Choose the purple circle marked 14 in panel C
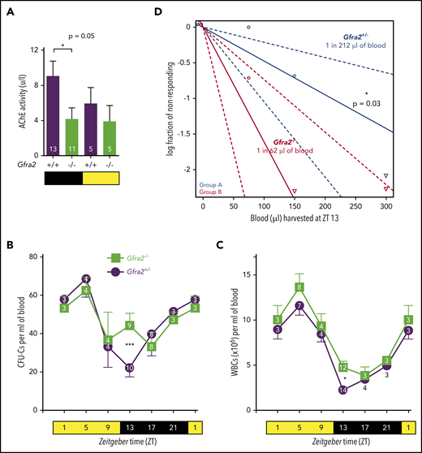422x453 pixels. tap(342, 390)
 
